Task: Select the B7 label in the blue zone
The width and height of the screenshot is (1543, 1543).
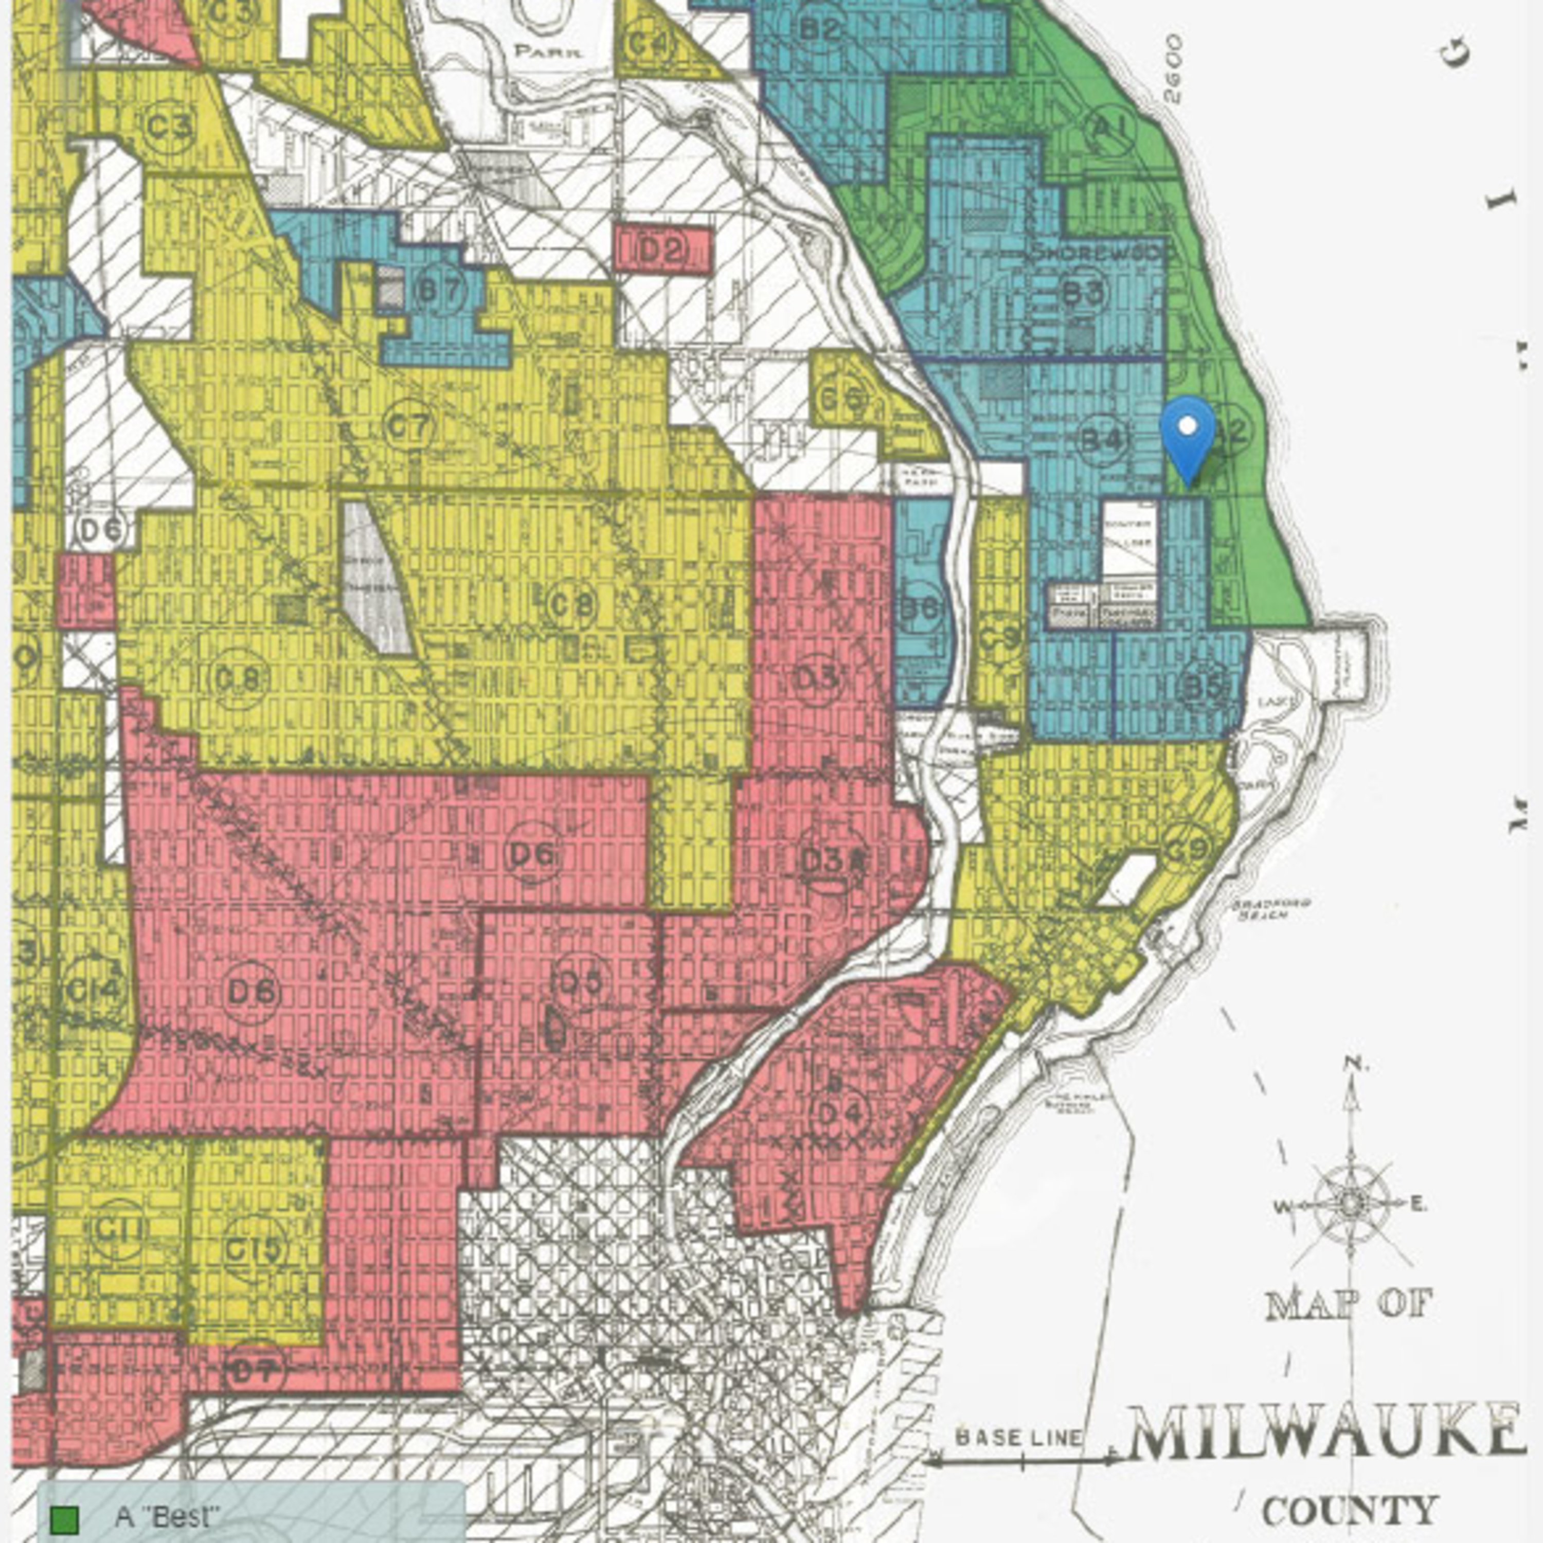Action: point(439,290)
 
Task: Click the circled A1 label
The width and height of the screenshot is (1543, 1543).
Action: point(1110,128)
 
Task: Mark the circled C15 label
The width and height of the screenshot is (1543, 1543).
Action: point(254,1247)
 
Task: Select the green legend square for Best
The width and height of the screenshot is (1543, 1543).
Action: point(64,1517)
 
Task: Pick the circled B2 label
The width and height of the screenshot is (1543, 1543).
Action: point(821,29)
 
